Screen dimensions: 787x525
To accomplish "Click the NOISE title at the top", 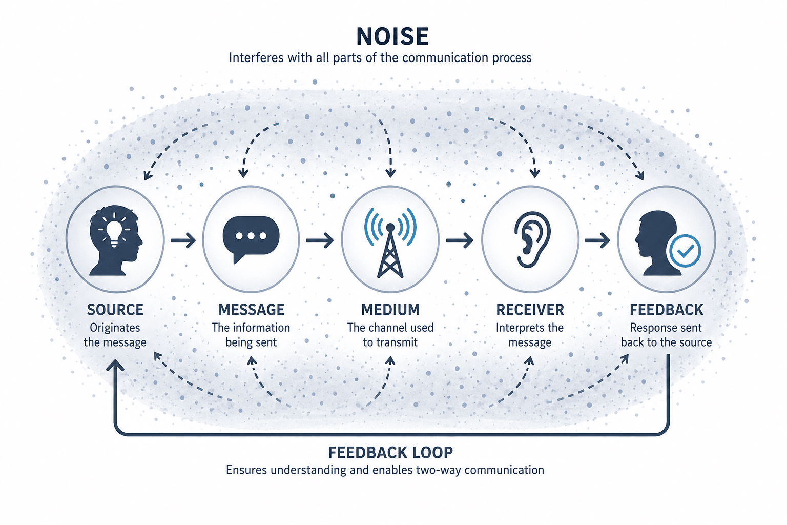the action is pyautogui.click(x=392, y=36).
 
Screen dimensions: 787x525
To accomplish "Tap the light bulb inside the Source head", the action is pyautogui.click(x=114, y=230).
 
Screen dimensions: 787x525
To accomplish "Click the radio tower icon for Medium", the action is pyautogui.click(x=390, y=243).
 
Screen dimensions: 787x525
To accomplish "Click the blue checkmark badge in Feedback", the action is pyautogui.click(x=685, y=251).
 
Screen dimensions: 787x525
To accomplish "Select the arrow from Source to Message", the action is pyautogui.click(x=183, y=240).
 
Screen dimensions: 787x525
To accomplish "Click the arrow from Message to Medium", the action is pyautogui.click(x=320, y=240).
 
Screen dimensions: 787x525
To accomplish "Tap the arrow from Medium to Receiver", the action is pyautogui.click(x=460, y=240).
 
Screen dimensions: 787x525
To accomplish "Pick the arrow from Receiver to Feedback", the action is pyautogui.click(x=597, y=240).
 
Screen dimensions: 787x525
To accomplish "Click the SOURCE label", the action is pyautogui.click(x=115, y=310).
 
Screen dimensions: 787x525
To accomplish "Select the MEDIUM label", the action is pyautogui.click(x=390, y=310).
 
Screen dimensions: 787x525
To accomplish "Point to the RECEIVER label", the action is pyautogui.click(x=530, y=310).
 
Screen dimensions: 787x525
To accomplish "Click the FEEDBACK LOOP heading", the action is pyautogui.click(x=390, y=453).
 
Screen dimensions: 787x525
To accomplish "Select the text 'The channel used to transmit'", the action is pyautogui.click(x=390, y=335).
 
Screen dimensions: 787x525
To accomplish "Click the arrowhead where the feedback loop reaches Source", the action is pyautogui.click(x=115, y=365).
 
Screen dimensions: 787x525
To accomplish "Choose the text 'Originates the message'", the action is pyautogui.click(x=115, y=335).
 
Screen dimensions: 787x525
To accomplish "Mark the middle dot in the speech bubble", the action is pyautogui.click(x=251, y=236).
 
